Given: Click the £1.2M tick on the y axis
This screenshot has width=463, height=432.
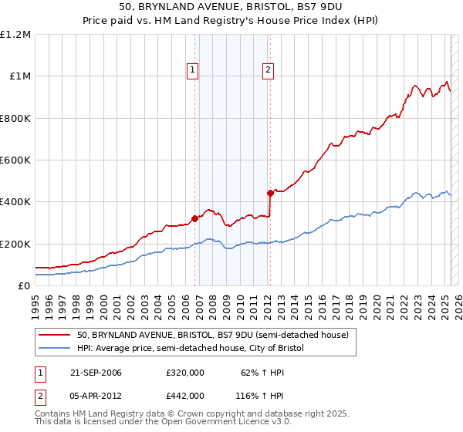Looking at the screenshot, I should tap(15, 35).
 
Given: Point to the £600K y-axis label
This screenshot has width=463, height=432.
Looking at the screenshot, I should tap(15, 160).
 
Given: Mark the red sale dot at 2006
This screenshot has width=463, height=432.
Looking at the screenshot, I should tap(194, 218).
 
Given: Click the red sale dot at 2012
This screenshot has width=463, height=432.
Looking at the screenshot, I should tap(270, 193).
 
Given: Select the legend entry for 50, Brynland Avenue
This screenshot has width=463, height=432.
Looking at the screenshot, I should tap(213, 336).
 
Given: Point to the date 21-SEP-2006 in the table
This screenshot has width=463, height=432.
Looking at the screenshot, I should tap(96, 373).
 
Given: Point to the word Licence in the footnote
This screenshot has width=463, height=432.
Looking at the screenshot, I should tap(208, 422).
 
